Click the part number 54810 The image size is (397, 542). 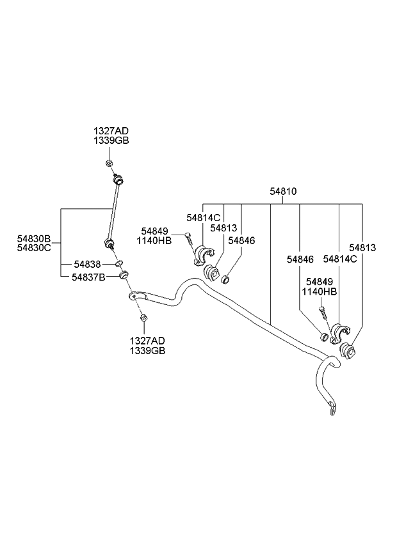coord(283,191)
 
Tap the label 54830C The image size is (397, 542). coord(34,248)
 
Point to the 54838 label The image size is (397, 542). coord(86,263)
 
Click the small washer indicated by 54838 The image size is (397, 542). coord(119,263)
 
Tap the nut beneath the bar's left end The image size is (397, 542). coord(142,317)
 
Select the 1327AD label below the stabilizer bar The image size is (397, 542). coord(148,341)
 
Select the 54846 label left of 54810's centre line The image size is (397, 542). coord(240,240)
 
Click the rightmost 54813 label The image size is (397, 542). coord(362,247)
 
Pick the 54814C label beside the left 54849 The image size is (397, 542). coord(204,218)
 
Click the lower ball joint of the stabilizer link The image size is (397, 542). coord(109,244)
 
